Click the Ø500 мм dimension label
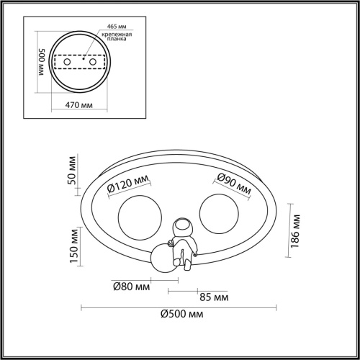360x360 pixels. point(182,314)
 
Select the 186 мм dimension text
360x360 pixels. point(295,231)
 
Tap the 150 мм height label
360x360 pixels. point(74,246)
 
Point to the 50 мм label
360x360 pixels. point(72,171)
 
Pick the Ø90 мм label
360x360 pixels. point(234,184)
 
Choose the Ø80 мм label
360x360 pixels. point(132,287)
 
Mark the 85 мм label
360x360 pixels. point(214,297)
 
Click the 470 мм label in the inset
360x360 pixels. point(79,105)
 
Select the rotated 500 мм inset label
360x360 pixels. point(42,62)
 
